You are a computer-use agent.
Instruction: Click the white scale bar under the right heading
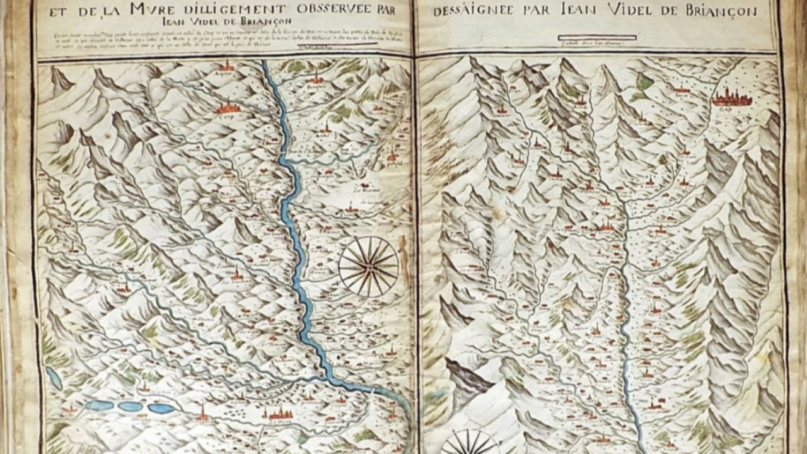[598, 38]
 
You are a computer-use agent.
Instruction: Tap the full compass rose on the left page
[368, 266]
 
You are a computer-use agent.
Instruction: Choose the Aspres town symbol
[226, 65]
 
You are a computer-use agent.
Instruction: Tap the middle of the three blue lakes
[131, 407]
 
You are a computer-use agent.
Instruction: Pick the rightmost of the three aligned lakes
[161, 409]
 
